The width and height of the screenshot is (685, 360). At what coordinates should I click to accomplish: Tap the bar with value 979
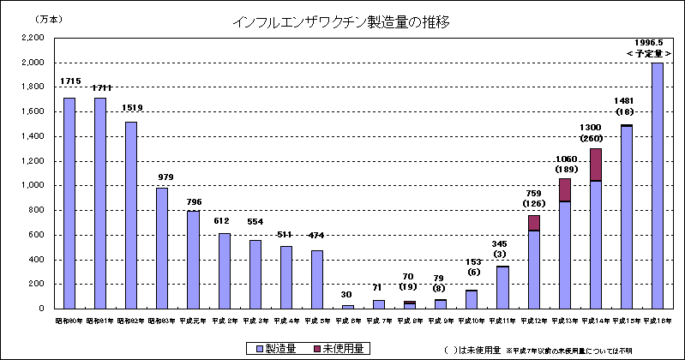coord(162,248)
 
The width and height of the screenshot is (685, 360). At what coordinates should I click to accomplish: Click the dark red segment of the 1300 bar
coord(596,165)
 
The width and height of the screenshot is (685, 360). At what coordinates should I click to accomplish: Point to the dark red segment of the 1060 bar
coord(565,189)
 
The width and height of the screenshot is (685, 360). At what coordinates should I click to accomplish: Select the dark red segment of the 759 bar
coord(534,223)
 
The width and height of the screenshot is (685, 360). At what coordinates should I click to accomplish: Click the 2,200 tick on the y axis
coord(32,38)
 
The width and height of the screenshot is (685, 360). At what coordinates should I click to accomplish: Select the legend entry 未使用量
coord(342,348)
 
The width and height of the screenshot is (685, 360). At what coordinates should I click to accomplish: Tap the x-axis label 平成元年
coord(193,320)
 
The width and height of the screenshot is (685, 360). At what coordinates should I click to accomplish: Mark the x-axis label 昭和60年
coord(69,320)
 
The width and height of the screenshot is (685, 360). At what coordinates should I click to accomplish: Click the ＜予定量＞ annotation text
coord(648,54)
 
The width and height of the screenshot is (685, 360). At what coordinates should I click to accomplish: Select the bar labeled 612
coord(224,271)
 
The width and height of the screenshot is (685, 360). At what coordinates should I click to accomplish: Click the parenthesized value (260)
coord(596,138)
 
